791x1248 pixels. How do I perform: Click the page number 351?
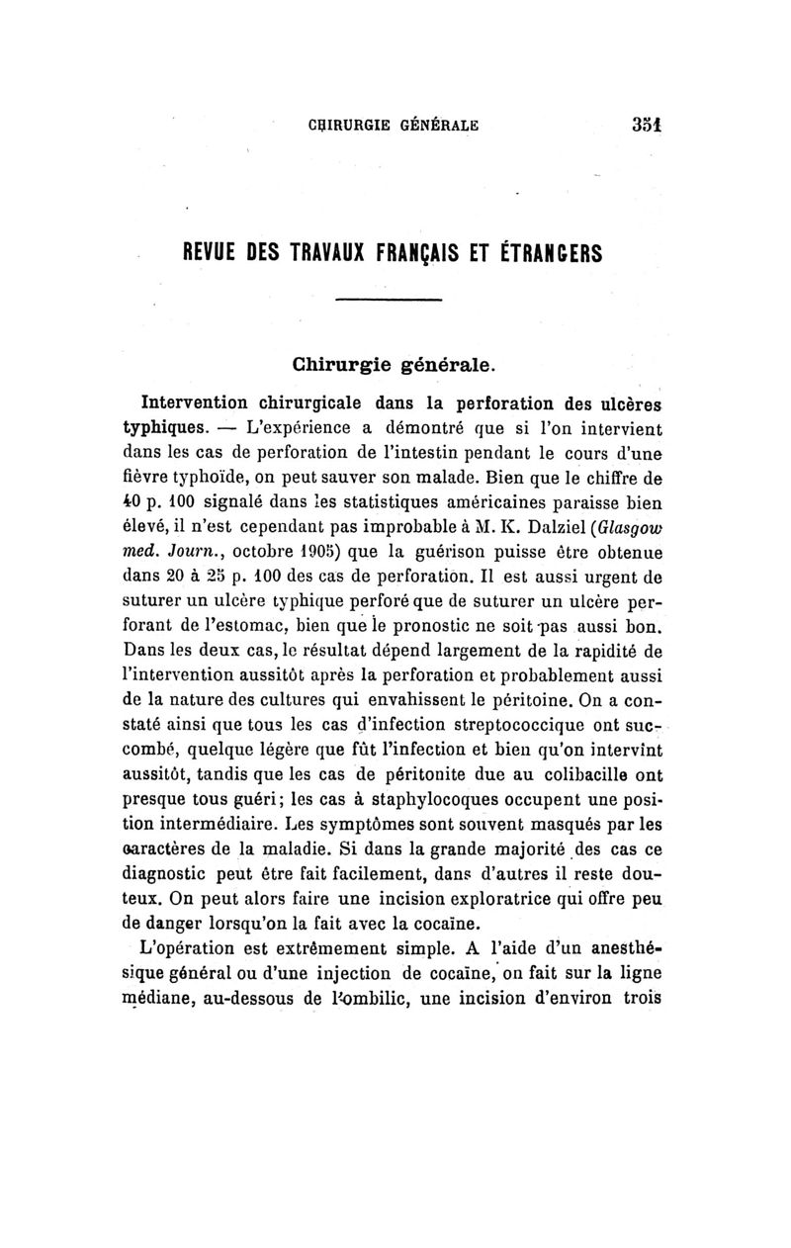point(646,125)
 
